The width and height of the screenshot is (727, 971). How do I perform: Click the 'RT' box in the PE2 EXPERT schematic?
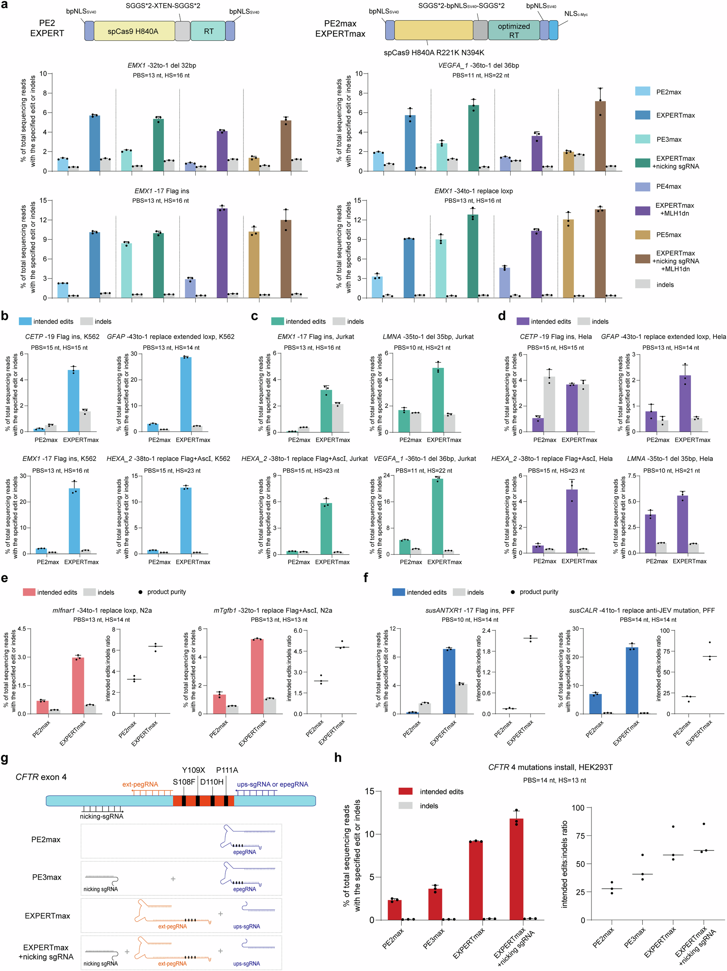coord(208,31)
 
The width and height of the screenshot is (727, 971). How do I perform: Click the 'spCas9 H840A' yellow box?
coord(134,31)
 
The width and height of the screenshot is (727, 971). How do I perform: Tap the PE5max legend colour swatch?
coord(642,235)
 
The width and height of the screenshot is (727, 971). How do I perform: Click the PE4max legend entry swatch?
coord(642,186)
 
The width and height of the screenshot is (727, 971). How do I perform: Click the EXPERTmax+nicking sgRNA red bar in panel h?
coord(516,869)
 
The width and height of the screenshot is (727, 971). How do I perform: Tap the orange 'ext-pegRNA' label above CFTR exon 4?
coord(140,785)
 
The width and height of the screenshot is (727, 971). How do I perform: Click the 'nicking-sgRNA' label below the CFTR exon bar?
coord(101,816)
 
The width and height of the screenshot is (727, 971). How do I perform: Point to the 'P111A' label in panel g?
coord(227,770)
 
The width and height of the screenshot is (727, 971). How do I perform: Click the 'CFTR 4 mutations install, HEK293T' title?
coord(550,767)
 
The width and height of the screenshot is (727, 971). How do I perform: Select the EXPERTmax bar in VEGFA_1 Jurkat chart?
coord(437,516)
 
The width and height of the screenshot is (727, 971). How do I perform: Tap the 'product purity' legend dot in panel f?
coord(512,592)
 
